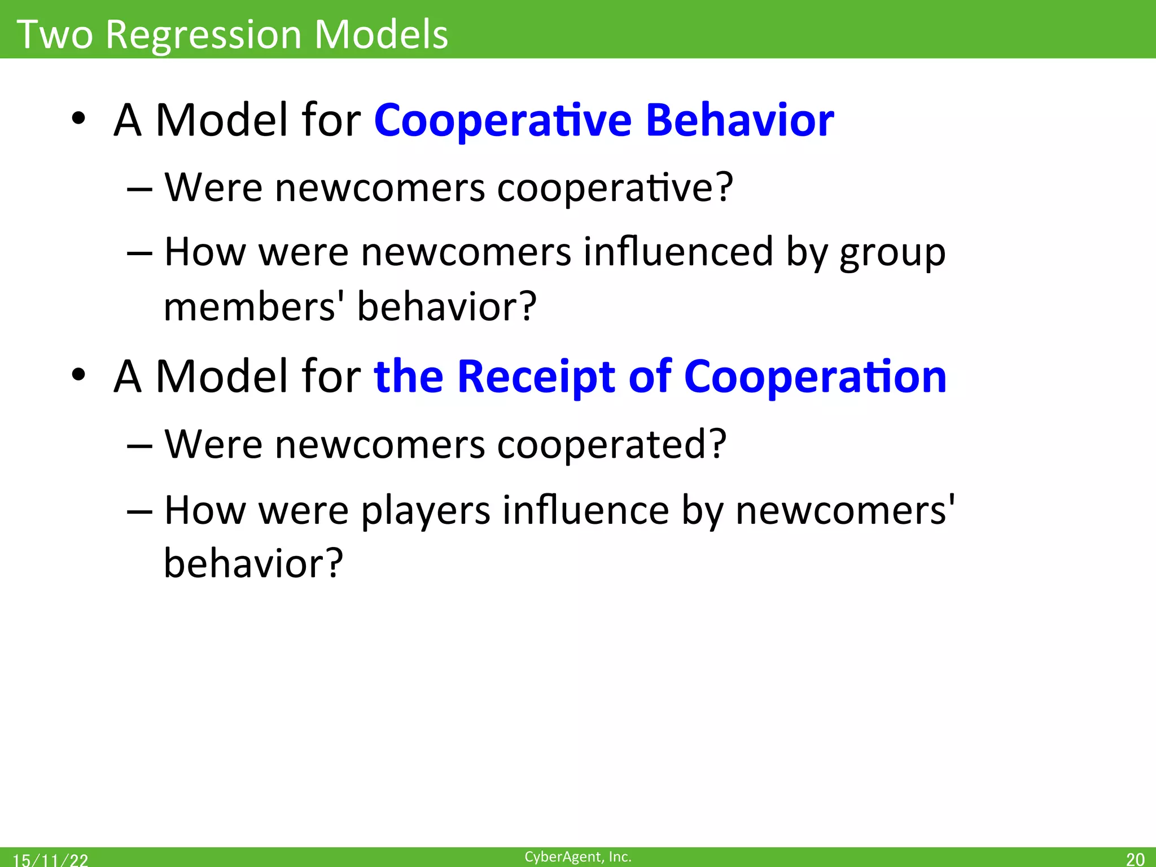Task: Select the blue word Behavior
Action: [x=739, y=120]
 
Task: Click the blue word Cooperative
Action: [x=502, y=121]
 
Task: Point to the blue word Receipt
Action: [x=536, y=377]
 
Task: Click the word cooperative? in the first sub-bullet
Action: [x=615, y=187]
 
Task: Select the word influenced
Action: [x=678, y=252]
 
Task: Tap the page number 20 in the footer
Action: [x=1135, y=859]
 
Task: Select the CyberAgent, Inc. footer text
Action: [x=577, y=857]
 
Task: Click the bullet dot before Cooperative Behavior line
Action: [x=78, y=119]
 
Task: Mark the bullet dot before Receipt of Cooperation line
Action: [x=78, y=375]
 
